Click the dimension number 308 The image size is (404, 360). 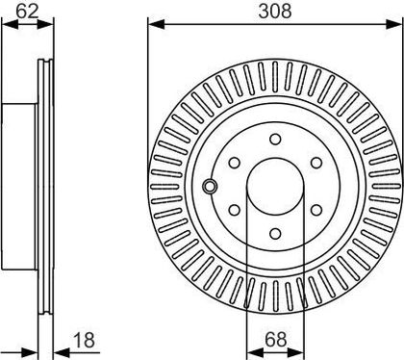275,12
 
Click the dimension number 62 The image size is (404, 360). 27,12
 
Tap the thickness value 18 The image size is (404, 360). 84,340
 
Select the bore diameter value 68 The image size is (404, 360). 275,339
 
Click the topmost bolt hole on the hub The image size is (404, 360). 275,140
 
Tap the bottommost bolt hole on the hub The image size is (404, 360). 275,234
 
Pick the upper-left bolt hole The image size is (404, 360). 235,163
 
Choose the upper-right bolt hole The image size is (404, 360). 316,163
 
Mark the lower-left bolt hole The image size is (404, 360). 235,210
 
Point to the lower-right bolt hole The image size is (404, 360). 316,210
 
